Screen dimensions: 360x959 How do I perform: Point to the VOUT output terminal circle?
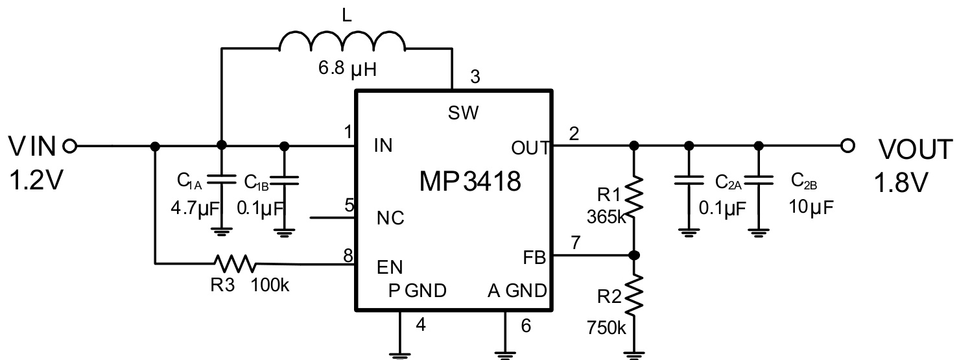846,145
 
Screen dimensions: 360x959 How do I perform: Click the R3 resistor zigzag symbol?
235,263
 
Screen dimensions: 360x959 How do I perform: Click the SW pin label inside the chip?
463,114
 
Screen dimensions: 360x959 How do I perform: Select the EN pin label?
389,267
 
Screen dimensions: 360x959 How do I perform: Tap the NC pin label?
390,219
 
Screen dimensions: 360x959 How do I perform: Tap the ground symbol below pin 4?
400,354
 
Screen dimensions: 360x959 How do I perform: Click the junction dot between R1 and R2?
635,255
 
